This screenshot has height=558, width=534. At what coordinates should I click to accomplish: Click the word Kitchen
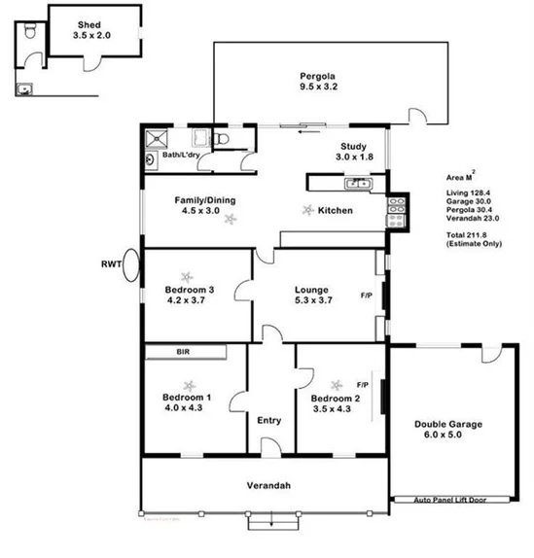(335, 210)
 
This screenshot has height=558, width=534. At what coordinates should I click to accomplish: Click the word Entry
(268, 420)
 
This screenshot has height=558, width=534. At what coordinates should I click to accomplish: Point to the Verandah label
(268, 485)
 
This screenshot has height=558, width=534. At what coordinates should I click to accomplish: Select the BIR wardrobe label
(182, 352)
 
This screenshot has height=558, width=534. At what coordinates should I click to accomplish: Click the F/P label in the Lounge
(367, 295)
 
